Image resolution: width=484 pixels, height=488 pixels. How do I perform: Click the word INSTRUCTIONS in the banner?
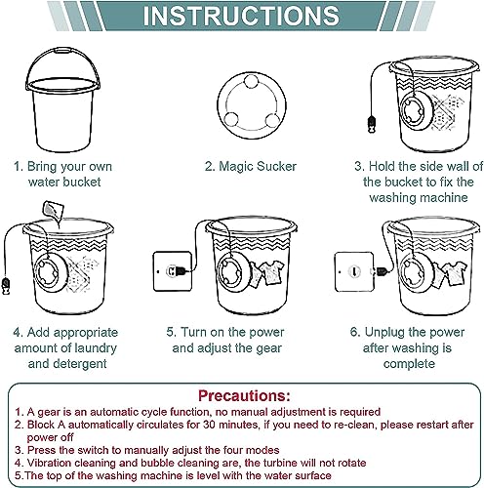coord(241,16)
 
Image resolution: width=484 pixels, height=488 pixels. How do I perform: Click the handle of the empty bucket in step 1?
coord(62,53)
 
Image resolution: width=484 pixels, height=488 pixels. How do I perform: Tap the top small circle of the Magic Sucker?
coord(252,81)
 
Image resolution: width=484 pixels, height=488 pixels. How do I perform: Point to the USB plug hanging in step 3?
coord(372,125)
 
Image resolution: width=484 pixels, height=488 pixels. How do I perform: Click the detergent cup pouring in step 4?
coord(53,210)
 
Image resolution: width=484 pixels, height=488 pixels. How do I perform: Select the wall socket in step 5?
coord(173,271)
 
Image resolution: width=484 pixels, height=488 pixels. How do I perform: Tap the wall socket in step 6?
coord(354,271)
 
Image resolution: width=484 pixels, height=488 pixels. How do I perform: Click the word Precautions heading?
coord(244,395)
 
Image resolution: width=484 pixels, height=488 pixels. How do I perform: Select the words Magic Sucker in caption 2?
coord(258,166)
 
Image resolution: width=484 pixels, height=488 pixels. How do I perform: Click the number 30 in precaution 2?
coord(209,425)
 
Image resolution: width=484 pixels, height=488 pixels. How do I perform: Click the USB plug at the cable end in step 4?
coord(5,286)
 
